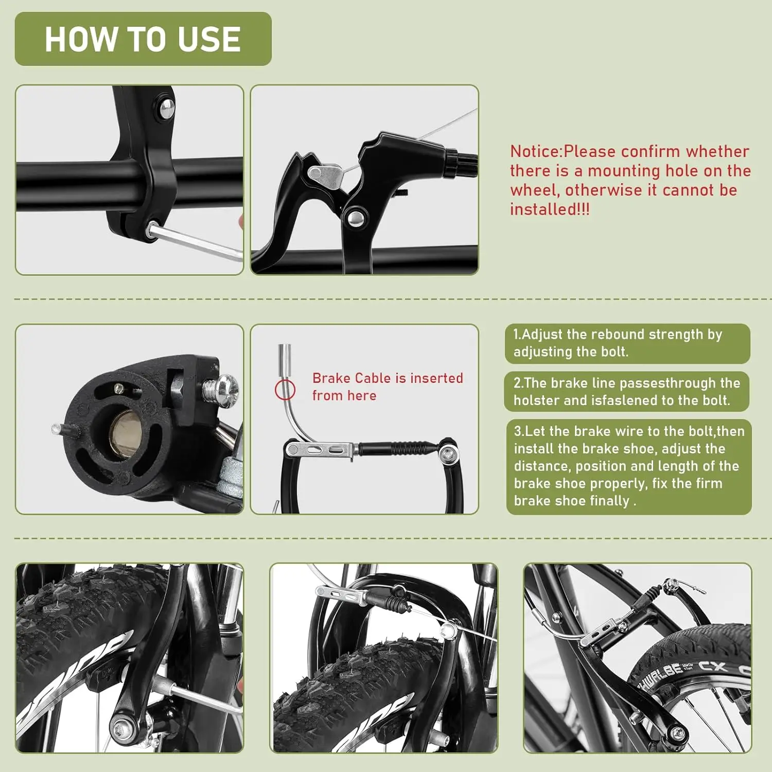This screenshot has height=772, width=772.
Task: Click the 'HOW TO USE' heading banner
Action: [143, 39]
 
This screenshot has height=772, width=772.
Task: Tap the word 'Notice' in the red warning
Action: [535, 151]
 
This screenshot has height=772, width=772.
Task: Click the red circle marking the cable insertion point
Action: [285, 390]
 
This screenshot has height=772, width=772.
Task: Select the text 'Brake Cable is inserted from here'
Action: [388, 387]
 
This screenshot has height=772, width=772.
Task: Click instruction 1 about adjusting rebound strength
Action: [627, 343]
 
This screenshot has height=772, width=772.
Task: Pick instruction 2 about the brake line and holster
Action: [626, 392]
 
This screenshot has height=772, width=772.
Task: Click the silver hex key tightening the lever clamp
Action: [196, 242]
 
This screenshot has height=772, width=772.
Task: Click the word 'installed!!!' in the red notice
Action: [550, 209]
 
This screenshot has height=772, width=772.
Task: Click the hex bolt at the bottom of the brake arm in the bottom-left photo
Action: [121, 728]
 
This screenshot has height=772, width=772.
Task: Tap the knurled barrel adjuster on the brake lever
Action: [461, 161]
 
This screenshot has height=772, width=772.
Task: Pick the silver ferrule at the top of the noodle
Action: [285, 360]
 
